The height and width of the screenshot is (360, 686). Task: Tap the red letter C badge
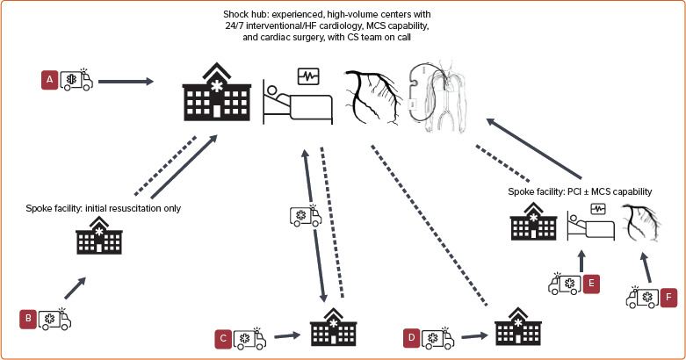(225, 337)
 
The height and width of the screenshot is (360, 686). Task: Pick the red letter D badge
(410, 337)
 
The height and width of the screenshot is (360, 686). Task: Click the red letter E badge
(591, 283)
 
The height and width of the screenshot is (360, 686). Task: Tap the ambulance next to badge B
(54, 319)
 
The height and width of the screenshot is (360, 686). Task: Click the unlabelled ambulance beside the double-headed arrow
(306, 216)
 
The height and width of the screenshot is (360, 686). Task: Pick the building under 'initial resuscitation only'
(99, 237)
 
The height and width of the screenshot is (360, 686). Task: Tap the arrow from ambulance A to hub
(127, 83)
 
